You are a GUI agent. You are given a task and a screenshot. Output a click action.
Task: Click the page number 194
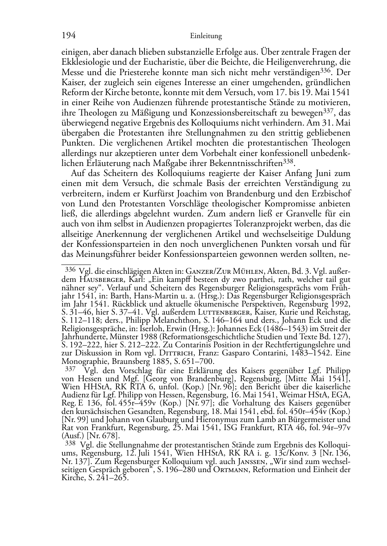[68, 36]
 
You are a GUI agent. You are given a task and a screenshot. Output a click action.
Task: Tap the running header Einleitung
[206, 37]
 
